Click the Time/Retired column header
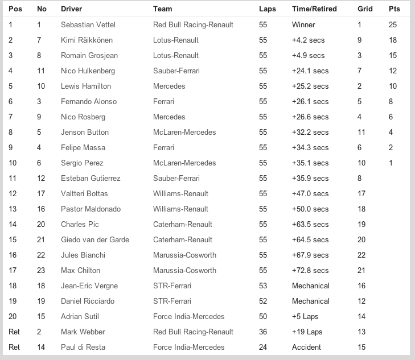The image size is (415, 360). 314,9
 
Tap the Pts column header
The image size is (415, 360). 394,9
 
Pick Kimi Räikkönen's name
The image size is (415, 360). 87,40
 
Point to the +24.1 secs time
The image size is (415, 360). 310,71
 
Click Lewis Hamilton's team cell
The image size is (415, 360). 169,86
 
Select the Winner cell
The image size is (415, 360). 303,25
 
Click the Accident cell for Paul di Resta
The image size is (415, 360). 307,347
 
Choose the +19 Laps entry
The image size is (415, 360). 307,332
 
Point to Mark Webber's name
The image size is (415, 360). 83,332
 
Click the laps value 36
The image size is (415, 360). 263,332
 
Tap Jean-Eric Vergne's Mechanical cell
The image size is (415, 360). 311,285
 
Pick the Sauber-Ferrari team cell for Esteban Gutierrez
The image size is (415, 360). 176,179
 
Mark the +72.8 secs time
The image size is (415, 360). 310,270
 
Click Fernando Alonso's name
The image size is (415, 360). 89,102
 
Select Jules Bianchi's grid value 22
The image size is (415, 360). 361,255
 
